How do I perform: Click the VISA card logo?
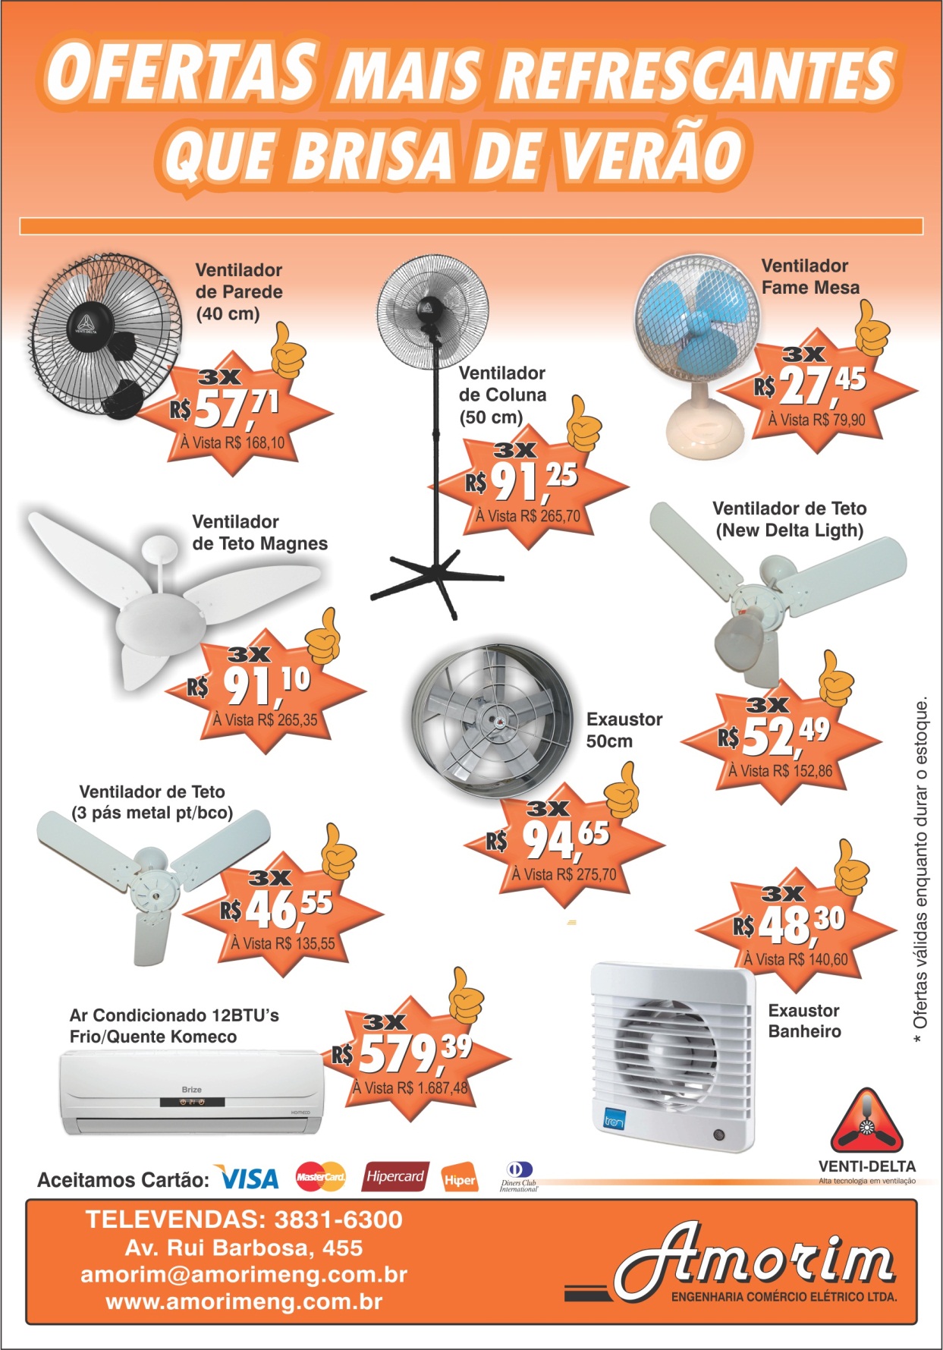point(248,1178)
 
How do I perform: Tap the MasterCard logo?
point(320,1177)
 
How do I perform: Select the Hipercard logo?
point(395,1176)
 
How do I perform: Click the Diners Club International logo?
point(519,1177)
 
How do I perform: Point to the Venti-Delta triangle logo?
point(866,1122)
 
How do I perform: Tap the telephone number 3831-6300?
point(338,1219)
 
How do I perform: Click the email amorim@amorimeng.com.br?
point(244,1275)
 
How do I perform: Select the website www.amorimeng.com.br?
point(244,1302)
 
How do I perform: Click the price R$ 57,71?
point(225,410)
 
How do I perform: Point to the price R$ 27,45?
point(810,385)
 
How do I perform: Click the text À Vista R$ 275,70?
point(564,874)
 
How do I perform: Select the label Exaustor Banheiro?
point(803,1021)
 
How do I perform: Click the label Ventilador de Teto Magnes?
point(259,533)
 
